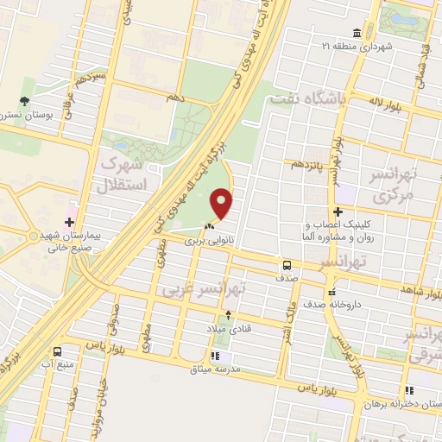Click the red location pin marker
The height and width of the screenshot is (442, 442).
pos(222,204)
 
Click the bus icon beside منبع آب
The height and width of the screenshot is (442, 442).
pos(58,351)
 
